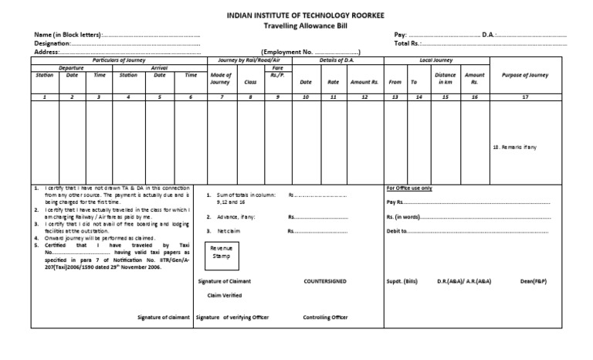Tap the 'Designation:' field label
(52, 44)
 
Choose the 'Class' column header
(250, 81)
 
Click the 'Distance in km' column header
(445, 78)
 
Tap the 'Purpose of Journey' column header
(526, 75)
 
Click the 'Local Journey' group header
(435, 59)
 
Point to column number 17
(525, 97)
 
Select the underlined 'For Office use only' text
(408, 188)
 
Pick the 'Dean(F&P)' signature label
(534, 281)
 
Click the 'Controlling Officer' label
(325, 318)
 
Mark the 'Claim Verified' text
(225, 295)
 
